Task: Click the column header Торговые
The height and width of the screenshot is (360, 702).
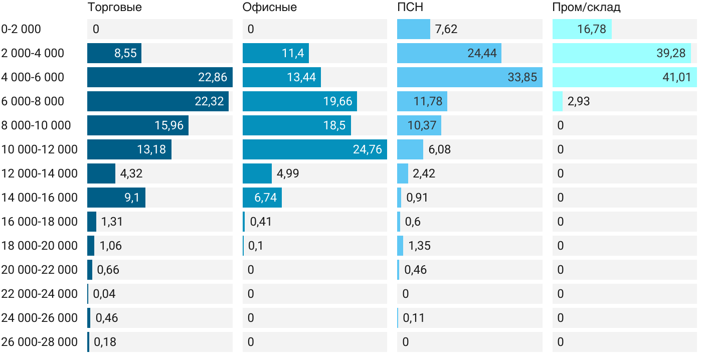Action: click(x=114, y=7)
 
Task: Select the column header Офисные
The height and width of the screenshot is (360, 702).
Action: click(x=269, y=7)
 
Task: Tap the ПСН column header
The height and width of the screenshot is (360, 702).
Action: click(x=410, y=7)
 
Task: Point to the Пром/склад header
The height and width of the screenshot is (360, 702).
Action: click(x=586, y=7)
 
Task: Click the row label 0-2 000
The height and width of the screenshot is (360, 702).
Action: click(x=21, y=29)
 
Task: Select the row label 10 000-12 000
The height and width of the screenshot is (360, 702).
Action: click(x=40, y=149)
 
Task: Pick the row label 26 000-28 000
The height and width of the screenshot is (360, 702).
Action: click(x=40, y=342)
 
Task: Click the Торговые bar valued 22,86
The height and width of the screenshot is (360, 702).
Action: click(x=159, y=77)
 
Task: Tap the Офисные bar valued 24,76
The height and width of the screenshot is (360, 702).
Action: click(x=314, y=149)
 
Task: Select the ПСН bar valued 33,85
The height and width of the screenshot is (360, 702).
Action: click(x=469, y=77)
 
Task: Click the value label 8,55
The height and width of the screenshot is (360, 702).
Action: click(x=125, y=53)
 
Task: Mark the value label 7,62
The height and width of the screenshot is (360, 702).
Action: click(x=446, y=29)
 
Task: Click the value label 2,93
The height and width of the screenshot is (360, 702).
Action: click(x=579, y=101)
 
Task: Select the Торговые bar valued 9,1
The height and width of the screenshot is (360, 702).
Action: click(x=116, y=198)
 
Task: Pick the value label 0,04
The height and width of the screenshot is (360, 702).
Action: click(x=104, y=294)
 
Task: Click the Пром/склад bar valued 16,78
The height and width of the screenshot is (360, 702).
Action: click(x=582, y=29)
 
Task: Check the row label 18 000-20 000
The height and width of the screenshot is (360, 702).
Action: click(x=40, y=246)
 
